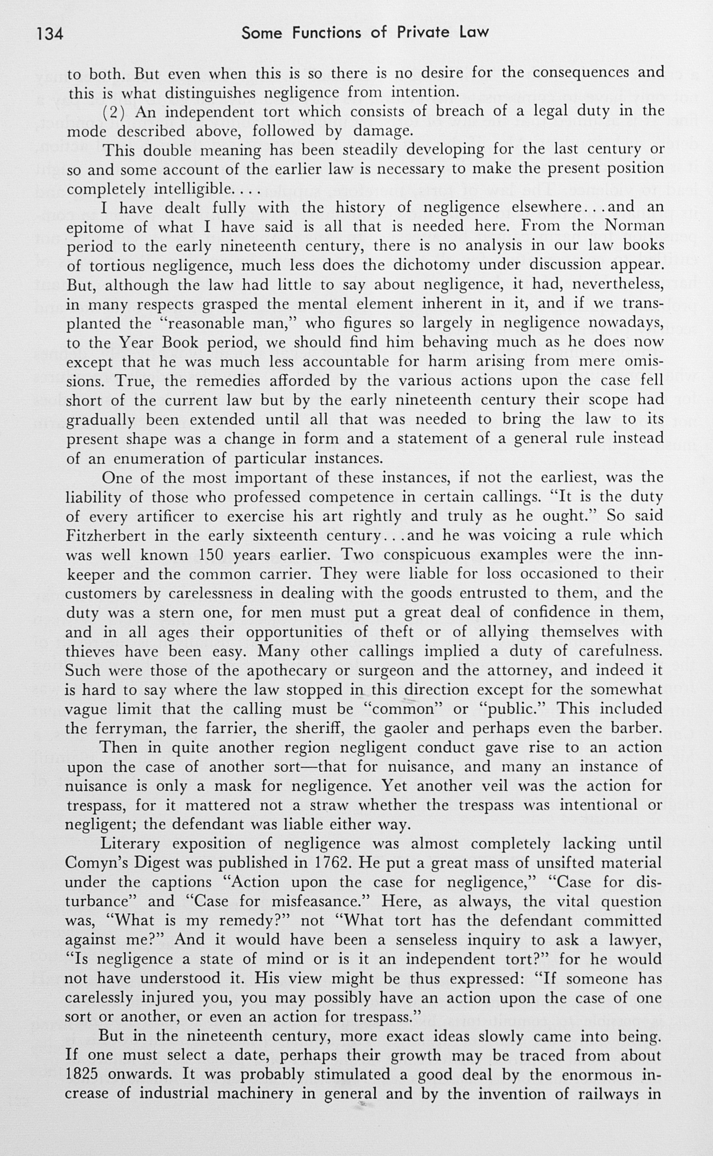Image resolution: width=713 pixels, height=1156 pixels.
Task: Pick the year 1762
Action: coord(332,863)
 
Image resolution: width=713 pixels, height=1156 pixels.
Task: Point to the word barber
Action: coord(637,728)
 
